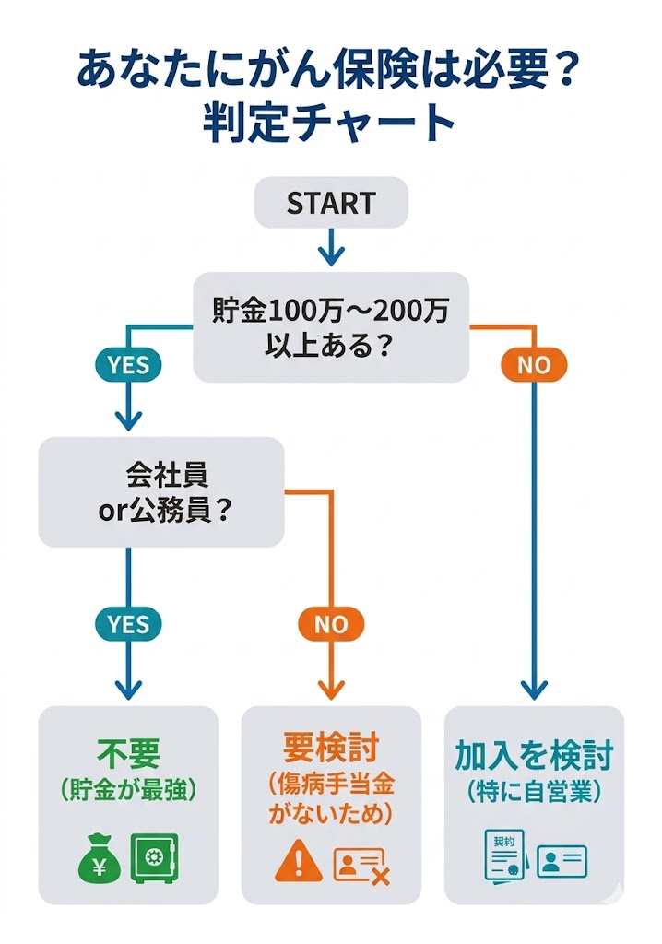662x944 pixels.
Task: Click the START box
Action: point(331,203)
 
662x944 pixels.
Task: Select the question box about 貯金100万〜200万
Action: point(331,327)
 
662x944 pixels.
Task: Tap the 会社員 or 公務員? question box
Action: point(160,492)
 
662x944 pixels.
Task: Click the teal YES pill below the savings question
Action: point(127,364)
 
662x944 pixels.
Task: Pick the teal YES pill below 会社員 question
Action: point(127,624)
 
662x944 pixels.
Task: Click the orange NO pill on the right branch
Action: point(533,364)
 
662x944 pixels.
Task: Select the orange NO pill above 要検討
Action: point(331,624)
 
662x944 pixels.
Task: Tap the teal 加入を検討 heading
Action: point(534,754)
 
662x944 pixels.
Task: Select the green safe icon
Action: point(155,858)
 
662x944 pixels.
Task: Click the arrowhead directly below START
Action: point(331,254)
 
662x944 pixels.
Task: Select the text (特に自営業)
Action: point(534,791)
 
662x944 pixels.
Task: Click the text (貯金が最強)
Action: point(127,790)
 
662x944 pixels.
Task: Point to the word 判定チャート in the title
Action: point(331,124)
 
